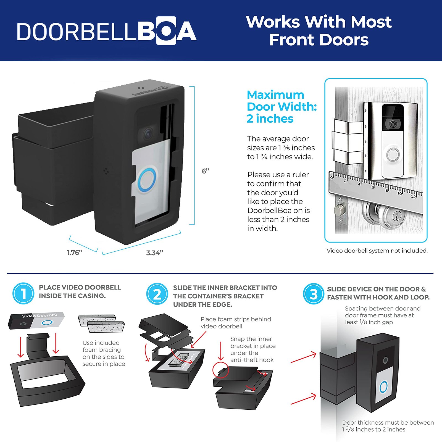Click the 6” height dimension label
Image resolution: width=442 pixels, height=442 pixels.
click(x=205, y=171)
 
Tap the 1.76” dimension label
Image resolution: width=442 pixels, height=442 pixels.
click(x=75, y=252)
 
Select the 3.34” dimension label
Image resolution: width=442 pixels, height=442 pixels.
click(x=155, y=253)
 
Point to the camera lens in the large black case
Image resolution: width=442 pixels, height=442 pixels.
click(x=148, y=135)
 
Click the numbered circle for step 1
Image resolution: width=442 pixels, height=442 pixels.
click(x=23, y=293)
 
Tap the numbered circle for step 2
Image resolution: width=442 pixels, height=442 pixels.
click(x=157, y=294)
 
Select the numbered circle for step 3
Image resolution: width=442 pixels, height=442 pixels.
click(x=313, y=294)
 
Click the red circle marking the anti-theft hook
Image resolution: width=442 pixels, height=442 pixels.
click(x=220, y=370)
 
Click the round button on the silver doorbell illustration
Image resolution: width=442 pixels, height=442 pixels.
click(x=393, y=155)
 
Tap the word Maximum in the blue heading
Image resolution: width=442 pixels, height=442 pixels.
click(x=275, y=95)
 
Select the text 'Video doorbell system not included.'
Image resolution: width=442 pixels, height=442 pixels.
click(x=377, y=251)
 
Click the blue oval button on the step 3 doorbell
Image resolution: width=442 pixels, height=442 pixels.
click(x=383, y=387)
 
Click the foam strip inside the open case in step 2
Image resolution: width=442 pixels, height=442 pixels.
click(x=179, y=359)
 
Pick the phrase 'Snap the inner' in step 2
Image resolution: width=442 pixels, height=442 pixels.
click(x=251, y=339)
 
